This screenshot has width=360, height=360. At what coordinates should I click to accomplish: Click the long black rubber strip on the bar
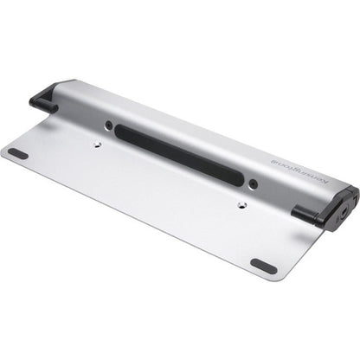(177, 152)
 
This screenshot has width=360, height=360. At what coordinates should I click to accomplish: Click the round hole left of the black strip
(109, 125)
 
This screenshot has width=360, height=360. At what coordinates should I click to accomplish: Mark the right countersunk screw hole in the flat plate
(241, 206)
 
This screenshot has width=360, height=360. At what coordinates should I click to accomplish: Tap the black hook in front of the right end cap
(308, 214)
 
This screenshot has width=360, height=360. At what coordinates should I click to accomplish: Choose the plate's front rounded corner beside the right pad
(279, 274)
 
